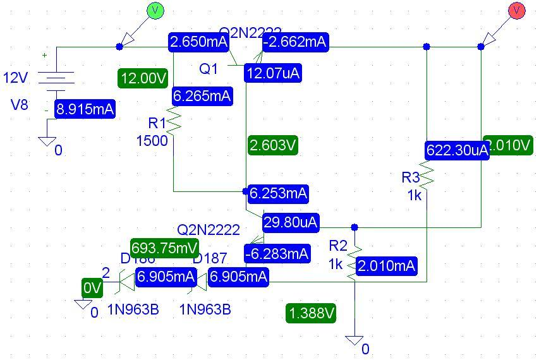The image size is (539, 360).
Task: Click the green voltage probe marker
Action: click(x=155, y=11)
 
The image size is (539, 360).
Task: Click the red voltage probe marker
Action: click(x=517, y=11)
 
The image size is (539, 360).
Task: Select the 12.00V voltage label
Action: click(x=143, y=79)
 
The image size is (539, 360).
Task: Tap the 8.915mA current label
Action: click(x=85, y=109)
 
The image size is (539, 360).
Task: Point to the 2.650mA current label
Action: click(x=198, y=42)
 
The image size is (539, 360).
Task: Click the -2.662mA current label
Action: click(x=295, y=42)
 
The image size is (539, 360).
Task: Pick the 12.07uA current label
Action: click(x=273, y=73)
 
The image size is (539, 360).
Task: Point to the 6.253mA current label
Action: click(x=278, y=193)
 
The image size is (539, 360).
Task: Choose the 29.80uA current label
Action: click(x=291, y=222)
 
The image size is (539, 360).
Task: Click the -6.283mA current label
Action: click(x=277, y=254)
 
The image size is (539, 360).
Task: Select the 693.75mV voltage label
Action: click(x=164, y=248)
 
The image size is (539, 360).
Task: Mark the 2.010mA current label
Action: click(x=386, y=266)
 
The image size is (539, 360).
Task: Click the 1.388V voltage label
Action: click(x=310, y=313)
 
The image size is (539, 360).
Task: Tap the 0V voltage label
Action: click(x=92, y=289)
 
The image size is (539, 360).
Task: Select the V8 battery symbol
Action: click(x=56, y=78)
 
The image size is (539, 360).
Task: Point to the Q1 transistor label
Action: click(x=209, y=69)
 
